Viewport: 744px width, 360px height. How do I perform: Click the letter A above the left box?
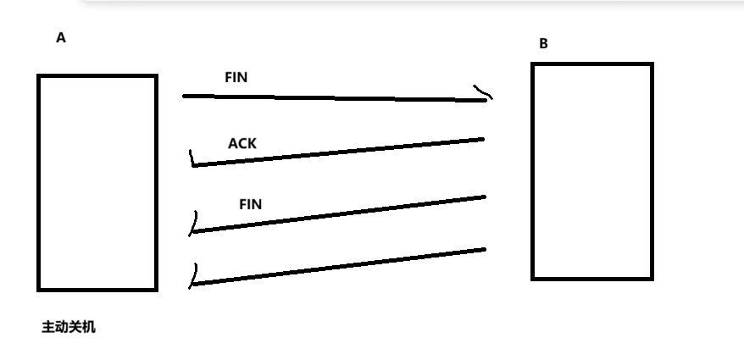coord(61,38)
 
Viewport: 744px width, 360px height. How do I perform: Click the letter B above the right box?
coord(544,44)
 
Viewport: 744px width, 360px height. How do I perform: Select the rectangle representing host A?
coord(37,183)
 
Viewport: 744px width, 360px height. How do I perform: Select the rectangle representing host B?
coord(532,171)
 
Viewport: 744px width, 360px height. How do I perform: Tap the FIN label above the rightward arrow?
coord(236,77)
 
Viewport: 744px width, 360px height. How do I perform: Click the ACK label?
coord(242,143)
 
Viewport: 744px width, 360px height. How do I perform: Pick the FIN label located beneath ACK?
coord(251,204)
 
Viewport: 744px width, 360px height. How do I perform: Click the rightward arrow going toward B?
coord(335,97)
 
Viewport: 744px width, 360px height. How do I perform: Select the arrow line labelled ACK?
coord(337,152)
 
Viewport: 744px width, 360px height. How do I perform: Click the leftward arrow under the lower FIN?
coord(337,214)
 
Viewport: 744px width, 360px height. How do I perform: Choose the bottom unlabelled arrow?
coord(337,267)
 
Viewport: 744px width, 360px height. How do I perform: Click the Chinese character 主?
coord(48,327)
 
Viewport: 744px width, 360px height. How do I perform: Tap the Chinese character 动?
coord(62,327)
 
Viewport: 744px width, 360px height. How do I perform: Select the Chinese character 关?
coord(75,327)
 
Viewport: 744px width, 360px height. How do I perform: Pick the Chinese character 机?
coord(89,327)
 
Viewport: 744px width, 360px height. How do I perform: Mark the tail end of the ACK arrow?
coord(483,139)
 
